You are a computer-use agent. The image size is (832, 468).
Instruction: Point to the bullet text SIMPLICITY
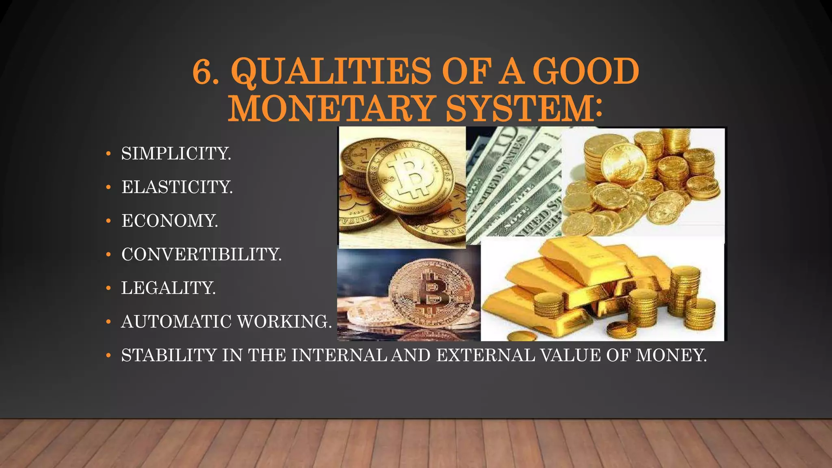(176, 154)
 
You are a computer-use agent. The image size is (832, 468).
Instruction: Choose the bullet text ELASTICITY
(177, 187)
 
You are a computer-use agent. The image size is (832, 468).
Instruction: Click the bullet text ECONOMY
(170, 221)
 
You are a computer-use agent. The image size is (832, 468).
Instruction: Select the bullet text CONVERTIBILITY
(201, 255)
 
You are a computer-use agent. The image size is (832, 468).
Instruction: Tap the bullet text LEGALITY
(169, 288)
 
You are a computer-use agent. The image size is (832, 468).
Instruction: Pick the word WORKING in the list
(284, 322)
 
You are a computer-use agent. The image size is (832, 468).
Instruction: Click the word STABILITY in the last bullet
(169, 355)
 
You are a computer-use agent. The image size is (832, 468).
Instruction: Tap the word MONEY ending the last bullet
(671, 355)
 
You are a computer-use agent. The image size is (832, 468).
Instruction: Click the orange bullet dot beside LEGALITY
(108, 288)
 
